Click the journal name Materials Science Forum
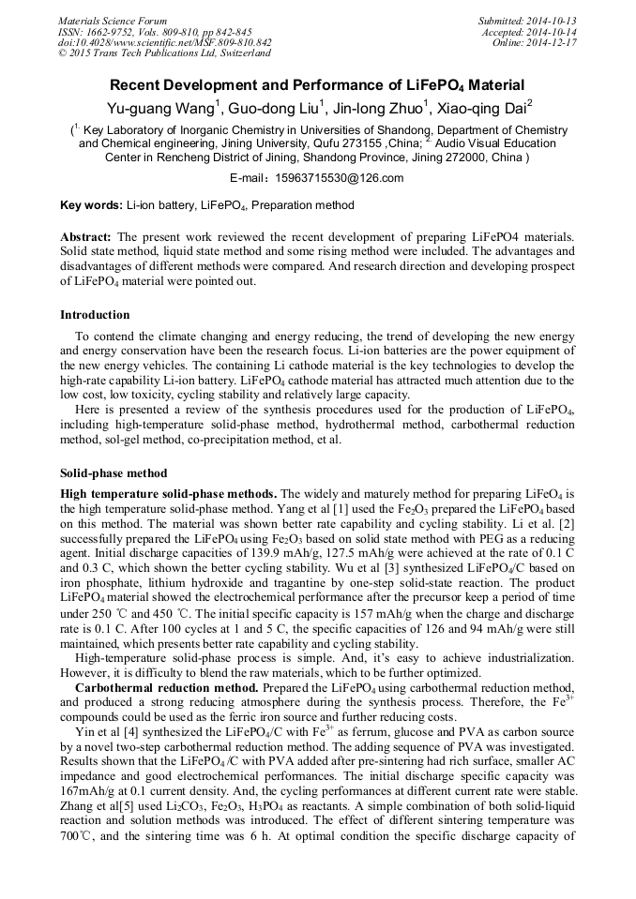(x=113, y=21)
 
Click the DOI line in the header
(x=164, y=42)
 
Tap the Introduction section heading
(x=95, y=315)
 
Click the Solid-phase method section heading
(x=114, y=473)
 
